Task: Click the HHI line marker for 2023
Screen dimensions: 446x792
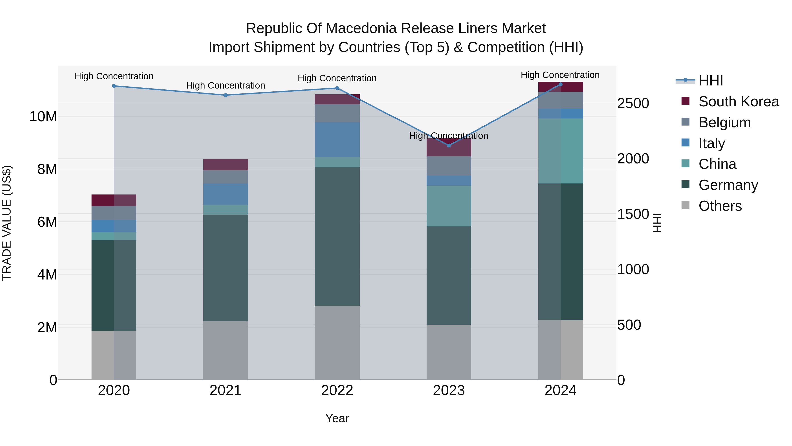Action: [x=449, y=145]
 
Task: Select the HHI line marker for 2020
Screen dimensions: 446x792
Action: [x=114, y=86]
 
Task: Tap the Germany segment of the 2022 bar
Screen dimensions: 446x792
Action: [x=337, y=236]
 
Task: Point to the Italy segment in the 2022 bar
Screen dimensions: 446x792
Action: [x=337, y=139]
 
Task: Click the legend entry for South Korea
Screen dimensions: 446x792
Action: [x=739, y=102]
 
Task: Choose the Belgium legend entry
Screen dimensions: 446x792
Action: [x=724, y=122]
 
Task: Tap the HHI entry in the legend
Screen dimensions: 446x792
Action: [x=711, y=81]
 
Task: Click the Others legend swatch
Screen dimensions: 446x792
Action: [x=685, y=205]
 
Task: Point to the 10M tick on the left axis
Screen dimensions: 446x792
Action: [x=43, y=117]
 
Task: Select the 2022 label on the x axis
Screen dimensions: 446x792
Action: [x=337, y=390]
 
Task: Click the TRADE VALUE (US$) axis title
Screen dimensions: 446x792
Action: [x=7, y=223]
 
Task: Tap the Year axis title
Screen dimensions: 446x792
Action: [x=337, y=418]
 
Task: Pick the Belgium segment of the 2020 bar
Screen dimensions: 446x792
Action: [x=114, y=213]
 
